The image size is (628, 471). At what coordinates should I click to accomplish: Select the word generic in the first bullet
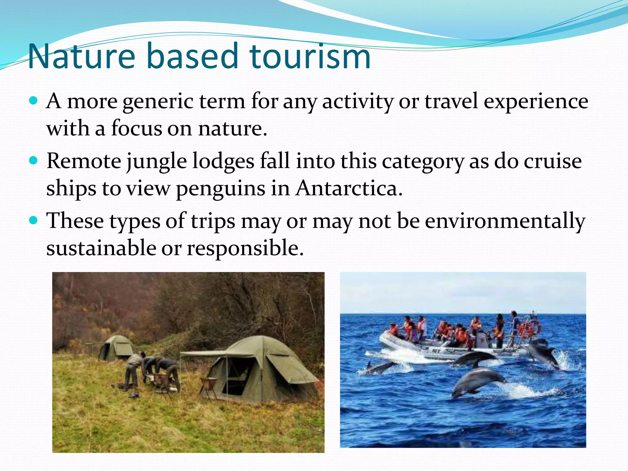tap(158, 102)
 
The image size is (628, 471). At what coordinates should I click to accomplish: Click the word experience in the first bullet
tap(536, 102)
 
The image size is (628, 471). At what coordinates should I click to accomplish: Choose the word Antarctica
tap(349, 188)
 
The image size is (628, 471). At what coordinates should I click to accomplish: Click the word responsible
tap(245, 248)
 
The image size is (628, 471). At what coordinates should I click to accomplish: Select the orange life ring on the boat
tap(529, 328)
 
